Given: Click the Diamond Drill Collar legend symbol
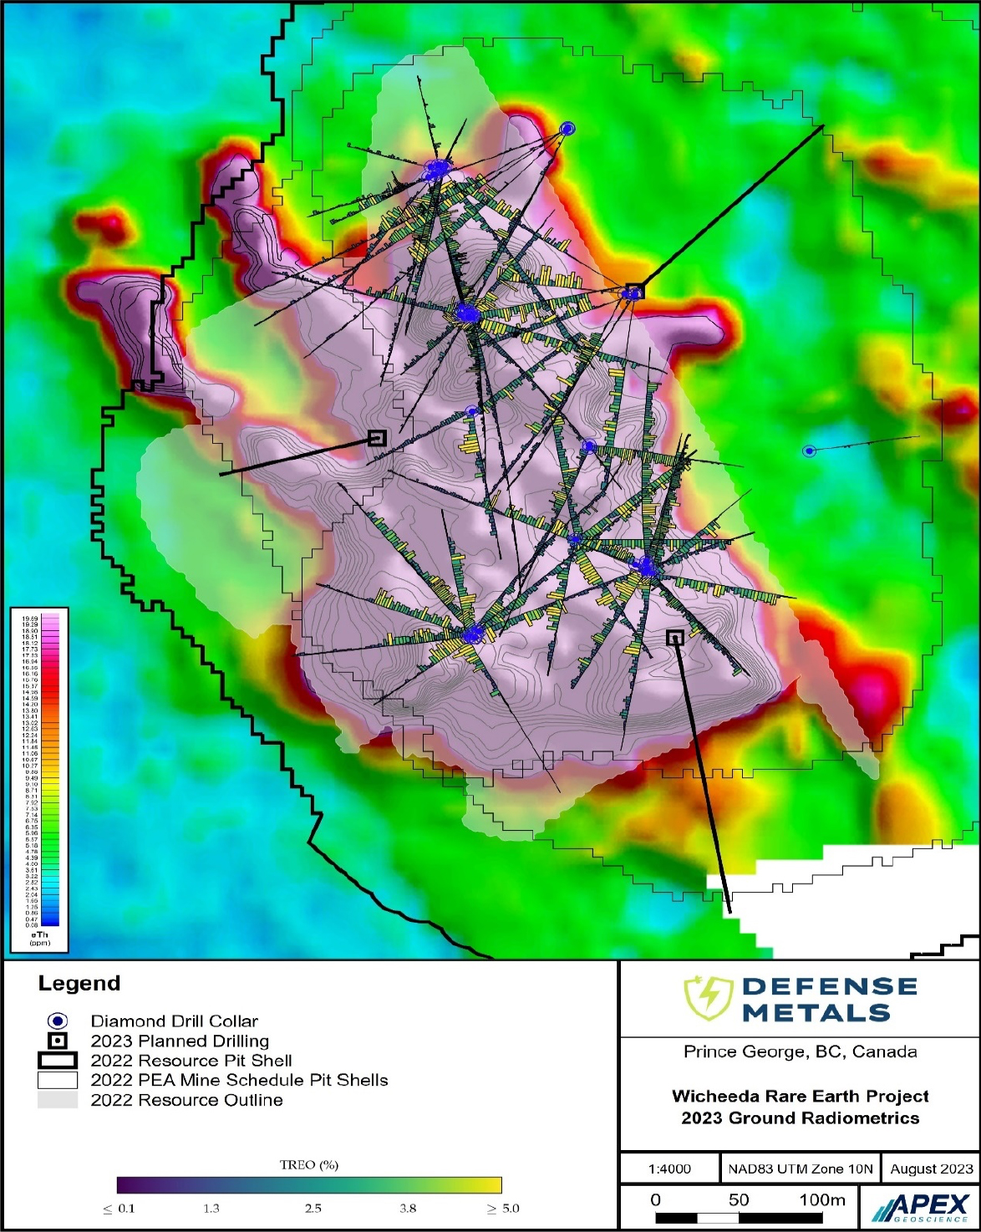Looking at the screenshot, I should pyautogui.click(x=57, y=1021).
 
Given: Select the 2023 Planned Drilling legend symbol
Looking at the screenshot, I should pyautogui.click(x=57, y=1041).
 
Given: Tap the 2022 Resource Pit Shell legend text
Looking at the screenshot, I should pyautogui.click(x=191, y=1061).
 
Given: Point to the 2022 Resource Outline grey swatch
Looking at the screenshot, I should pyautogui.click(x=57, y=1100).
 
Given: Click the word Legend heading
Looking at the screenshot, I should pyautogui.click(x=79, y=984).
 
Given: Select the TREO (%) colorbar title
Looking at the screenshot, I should pyautogui.click(x=309, y=1164).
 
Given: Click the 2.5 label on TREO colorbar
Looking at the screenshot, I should pyautogui.click(x=313, y=1209).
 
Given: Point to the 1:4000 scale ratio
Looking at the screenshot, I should pyautogui.click(x=669, y=1168).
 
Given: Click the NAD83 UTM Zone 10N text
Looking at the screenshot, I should pyautogui.click(x=800, y=1168).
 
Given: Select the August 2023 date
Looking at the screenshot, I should pyautogui.click(x=932, y=1168).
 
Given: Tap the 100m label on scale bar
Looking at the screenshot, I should pyautogui.click(x=822, y=1200).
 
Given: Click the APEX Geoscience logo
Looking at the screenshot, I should pyautogui.click(x=920, y=1208).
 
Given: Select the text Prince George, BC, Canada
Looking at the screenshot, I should pyautogui.click(x=800, y=1051).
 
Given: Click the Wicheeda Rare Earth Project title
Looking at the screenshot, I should pyautogui.click(x=800, y=1096).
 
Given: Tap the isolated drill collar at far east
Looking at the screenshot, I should pyautogui.click(x=809, y=451).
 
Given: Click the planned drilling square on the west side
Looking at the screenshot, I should pyautogui.click(x=377, y=438).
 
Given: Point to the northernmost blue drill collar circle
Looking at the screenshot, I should pyautogui.click(x=568, y=128).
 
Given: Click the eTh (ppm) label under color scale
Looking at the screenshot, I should pyautogui.click(x=39, y=939).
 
